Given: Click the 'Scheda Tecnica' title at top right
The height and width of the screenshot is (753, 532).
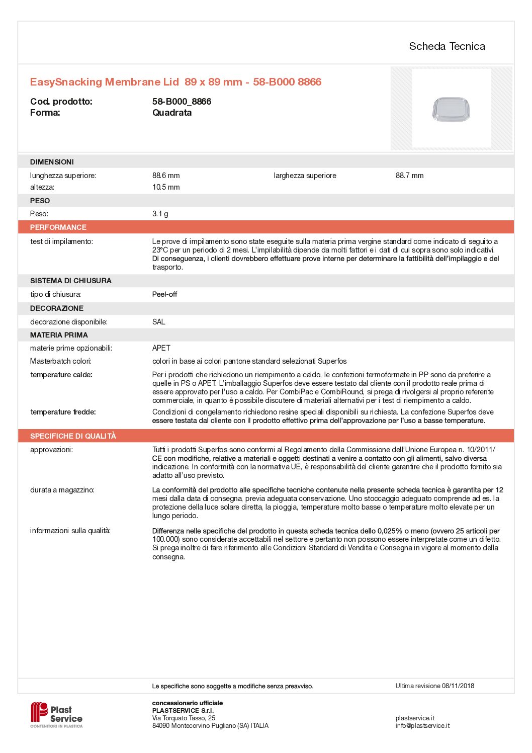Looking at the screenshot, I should pos(447,46).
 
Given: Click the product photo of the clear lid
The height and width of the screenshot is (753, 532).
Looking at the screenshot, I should pos(451,109).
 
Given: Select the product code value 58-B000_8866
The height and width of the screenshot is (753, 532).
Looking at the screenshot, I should pos(182,102).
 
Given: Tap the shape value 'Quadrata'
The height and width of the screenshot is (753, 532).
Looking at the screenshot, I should pos(172,113).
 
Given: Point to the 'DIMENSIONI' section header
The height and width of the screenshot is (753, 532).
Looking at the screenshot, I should pos(52,162).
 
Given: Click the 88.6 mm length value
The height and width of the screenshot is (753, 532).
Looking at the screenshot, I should pos(166,176).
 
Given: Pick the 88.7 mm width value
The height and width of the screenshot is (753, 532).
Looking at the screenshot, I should pos(409,176).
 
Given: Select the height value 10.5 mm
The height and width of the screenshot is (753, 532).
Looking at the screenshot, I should pos(166,187).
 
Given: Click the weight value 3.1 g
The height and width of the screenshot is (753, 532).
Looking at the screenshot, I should pos(160,214).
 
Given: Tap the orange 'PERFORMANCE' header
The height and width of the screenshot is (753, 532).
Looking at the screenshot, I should pos(58,227).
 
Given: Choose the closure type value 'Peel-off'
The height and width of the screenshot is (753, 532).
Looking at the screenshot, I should pos(164,294).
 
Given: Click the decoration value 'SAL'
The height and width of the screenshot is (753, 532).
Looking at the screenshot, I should pos(158,322).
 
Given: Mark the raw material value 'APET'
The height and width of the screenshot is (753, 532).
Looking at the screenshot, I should pos(161,348).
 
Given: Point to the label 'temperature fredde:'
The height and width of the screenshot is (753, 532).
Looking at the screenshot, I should pos(63,412).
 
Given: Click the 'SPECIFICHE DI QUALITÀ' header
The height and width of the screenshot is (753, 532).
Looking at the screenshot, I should pos(73,436).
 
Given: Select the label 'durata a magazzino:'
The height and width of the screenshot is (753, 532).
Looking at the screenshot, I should pos(62,490).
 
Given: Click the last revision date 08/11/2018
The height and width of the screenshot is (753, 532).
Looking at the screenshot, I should pos(458,686).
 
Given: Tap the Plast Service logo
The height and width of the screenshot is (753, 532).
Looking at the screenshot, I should pos(56,715).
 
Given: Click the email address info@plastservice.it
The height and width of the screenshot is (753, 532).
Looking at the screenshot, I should pos(422,725).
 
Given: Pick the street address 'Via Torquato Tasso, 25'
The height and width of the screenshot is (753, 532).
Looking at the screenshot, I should pos(184,718).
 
